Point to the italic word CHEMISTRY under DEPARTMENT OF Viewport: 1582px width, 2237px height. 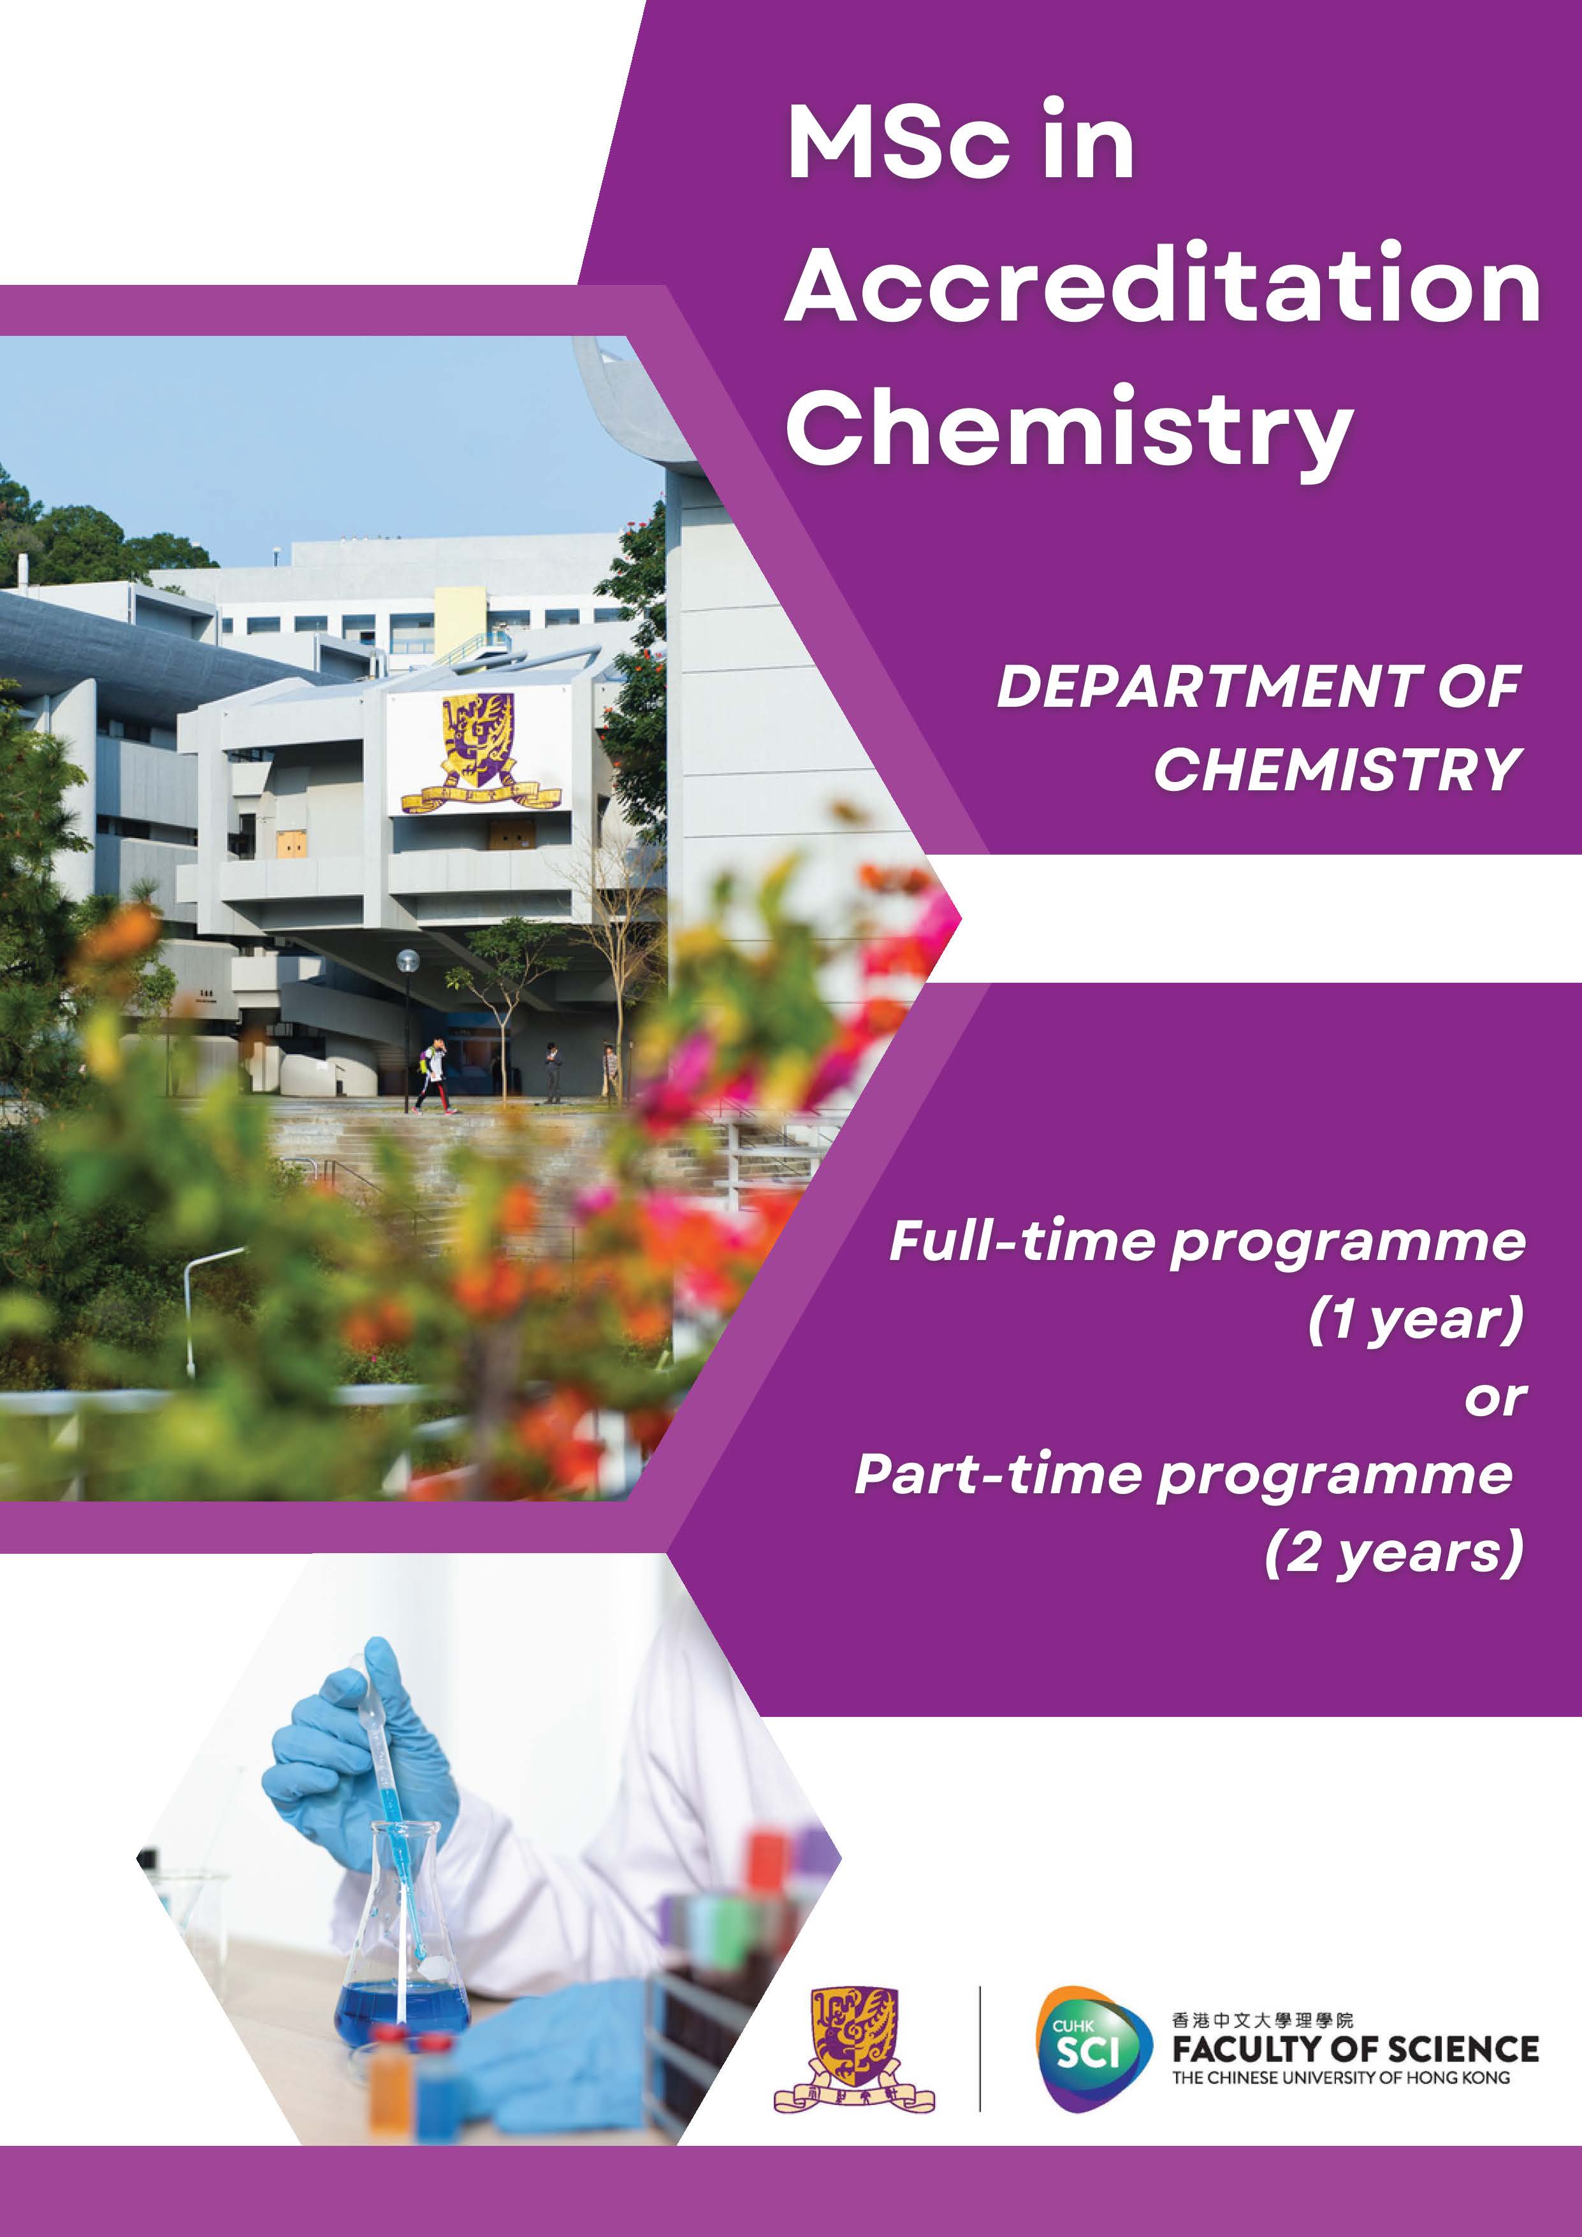[1337, 770]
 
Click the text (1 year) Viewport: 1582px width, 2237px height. [1414, 1320]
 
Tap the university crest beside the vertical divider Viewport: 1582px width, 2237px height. [853, 2050]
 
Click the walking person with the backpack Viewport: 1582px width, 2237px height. [433, 1076]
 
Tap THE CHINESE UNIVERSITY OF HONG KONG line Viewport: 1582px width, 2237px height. [1340, 2078]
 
